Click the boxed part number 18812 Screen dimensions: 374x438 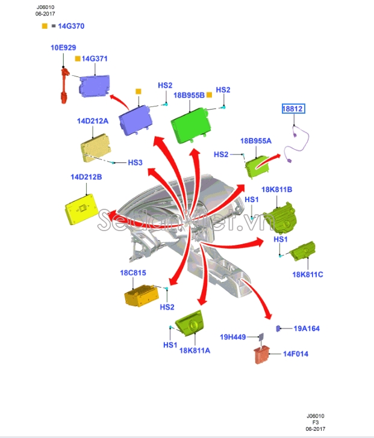293,108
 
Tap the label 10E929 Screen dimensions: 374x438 63,48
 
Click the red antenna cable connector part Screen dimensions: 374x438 65,85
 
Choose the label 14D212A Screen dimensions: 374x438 93,121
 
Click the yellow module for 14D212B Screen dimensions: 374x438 81,209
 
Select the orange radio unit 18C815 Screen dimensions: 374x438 141,295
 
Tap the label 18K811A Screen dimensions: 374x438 195,351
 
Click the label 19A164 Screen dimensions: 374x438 307,328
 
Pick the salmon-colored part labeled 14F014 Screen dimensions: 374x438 262,355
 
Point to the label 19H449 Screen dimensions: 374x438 233,337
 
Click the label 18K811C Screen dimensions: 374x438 308,274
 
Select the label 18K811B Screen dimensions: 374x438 276,190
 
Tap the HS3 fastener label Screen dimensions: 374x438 136,162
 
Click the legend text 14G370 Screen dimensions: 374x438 71,26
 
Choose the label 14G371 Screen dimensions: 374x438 95,59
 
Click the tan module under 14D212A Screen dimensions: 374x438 95,148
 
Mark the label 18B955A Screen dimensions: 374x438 256,141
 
